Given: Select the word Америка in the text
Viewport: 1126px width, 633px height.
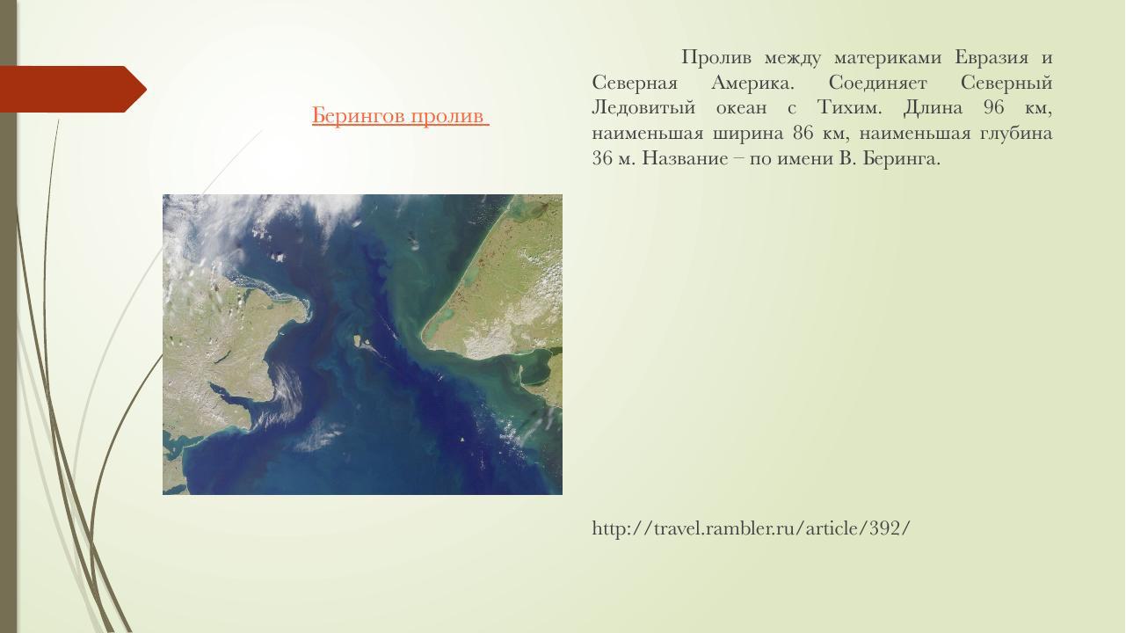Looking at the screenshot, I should point(752,84).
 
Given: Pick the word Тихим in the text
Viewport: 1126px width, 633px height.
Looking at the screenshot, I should point(848,108).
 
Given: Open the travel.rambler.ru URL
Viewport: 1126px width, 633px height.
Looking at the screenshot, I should point(751,528).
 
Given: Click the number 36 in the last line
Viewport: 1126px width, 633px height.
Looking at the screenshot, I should point(602,159).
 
